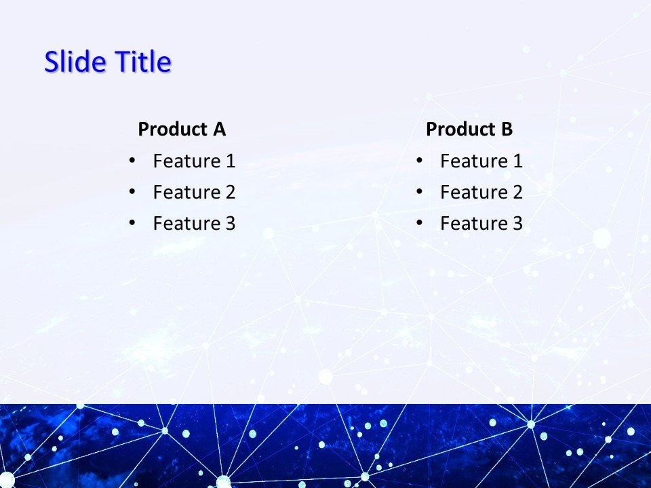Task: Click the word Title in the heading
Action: [x=142, y=62]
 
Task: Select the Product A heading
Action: [x=182, y=129]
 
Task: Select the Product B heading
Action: [x=469, y=129]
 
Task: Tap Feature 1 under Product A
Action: [x=194, y=161]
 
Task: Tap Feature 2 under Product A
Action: [x=194, y=192]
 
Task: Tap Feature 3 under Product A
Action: [x=194, y=224]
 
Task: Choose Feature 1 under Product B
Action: [x=481, y=161]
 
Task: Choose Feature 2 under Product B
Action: [x=481, y=192]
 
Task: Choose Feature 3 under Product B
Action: [x=481, y=224]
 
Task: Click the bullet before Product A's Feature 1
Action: [x=132, y=161]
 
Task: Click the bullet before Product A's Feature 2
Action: [x=132, y=192]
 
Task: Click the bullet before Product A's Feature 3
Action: [x=132, y=223]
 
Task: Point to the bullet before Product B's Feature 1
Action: [x=419, y=161]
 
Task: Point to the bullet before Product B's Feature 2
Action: [x=419, y=192]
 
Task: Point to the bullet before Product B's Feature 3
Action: [x=419, y=223]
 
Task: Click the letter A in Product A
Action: [x=219, y=129]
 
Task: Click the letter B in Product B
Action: [x=507, y=129]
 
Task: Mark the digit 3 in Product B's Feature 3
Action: [x=517, y=224]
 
